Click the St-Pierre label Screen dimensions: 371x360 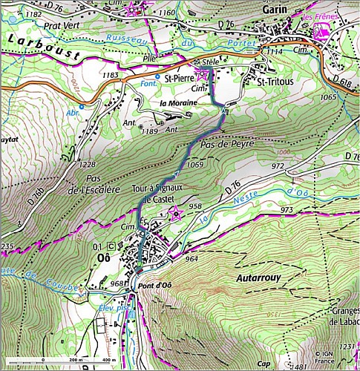pos(179,77)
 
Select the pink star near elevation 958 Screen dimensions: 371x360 pos(176,214)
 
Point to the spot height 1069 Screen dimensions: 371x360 pos(196,164)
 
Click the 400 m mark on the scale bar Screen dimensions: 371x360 pos(108,360)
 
